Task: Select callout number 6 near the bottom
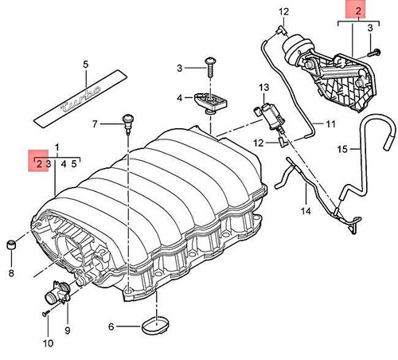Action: pyautogui.click(x=111, y=325)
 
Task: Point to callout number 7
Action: pyautogui.click(x=95, y=124)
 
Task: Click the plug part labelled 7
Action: pyautogui.click(x=124, y=122)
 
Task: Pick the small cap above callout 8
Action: pyautogui.click(x=11, y=243)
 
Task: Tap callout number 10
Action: pyautogui.click(x=48, y=343)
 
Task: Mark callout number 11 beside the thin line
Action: pyautogui.click(x=330, y=124)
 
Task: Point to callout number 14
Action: pyautogui.click(x=303, y=212)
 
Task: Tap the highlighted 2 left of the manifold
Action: pyautogui.click(x=37, y=164)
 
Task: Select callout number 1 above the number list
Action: pyautogui.click(x=57, y=147)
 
